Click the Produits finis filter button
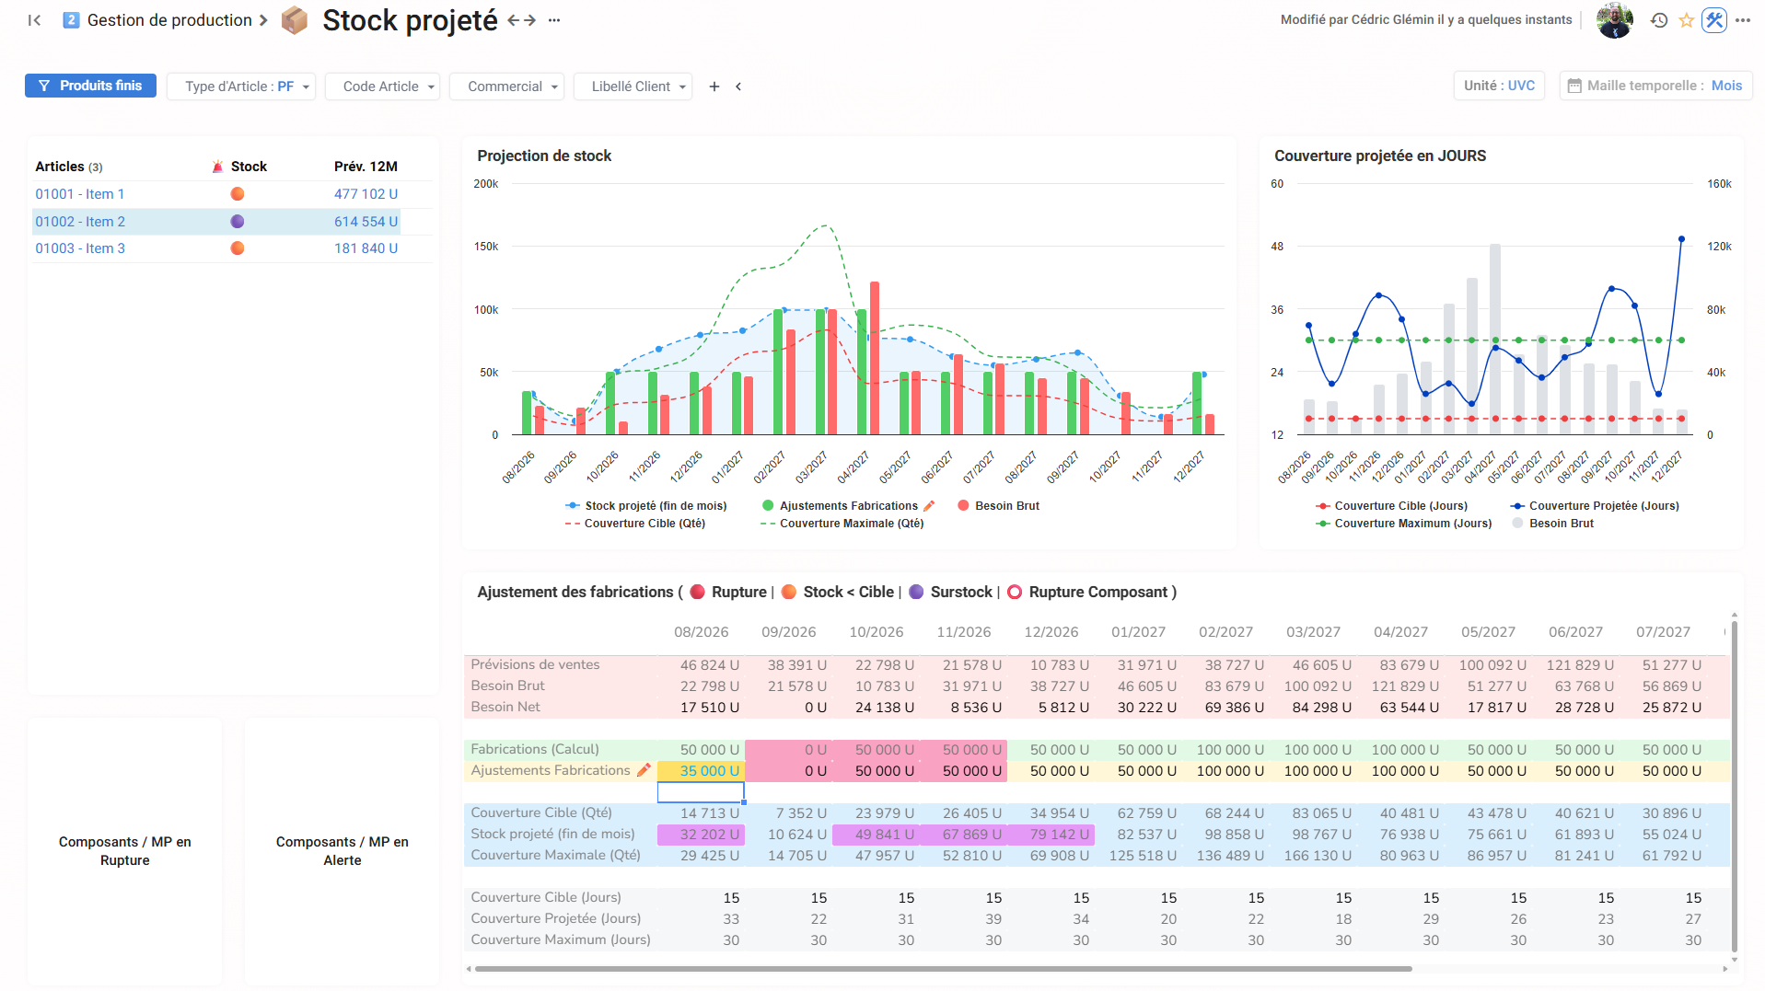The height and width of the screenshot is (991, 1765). tap(90, 86)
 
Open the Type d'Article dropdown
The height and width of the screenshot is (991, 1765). tap(241, 86)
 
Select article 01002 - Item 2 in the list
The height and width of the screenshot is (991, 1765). tap(80, 222)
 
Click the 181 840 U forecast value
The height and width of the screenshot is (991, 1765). tap(366, 248)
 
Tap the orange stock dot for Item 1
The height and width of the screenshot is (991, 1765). tap(238, 194)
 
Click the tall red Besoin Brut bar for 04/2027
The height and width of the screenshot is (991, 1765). tap(875, 358)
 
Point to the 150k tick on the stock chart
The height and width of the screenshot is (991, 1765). tap(486, 247)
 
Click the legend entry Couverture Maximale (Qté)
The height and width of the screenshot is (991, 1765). tap(842, 524)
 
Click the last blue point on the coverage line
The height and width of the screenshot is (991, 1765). tap(1681, 239)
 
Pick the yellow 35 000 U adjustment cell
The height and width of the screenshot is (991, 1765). tap(701, 771)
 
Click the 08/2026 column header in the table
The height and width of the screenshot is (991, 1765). tap(701, 632)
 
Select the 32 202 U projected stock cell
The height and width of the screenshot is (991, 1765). tap(701, 835)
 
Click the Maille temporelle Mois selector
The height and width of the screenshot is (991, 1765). tap(1655, 86)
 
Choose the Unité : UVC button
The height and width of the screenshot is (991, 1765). tap(1499, 86)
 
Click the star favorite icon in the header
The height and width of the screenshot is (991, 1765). tap(1686, 20)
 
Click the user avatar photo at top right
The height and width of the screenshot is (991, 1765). tap(1615, 20)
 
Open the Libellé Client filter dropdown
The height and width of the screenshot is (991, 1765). tap(633, 86)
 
